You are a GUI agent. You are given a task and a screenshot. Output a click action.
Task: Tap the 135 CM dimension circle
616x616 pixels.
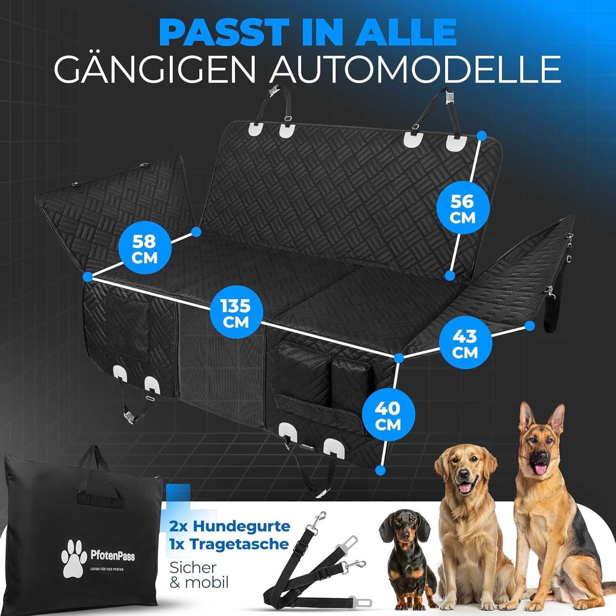tap(236, 314)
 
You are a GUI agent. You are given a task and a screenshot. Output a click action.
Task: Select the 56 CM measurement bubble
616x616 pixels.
tap(462, 209)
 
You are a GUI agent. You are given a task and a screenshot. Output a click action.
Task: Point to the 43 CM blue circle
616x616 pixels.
tap(465, 344)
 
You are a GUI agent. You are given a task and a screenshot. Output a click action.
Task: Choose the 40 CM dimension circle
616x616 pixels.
tap(388, 416)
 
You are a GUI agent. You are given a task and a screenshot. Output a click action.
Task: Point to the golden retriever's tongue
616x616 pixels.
tap(465, 489)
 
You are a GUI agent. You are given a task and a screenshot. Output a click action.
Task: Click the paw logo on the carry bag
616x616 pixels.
tap(74, 557)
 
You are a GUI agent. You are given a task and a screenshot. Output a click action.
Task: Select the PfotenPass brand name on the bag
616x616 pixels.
tap(112, 556)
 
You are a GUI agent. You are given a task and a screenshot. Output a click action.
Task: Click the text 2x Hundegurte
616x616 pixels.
tap(230, 526)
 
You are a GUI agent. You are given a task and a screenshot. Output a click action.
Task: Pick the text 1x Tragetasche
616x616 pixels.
tap(229, 544)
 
